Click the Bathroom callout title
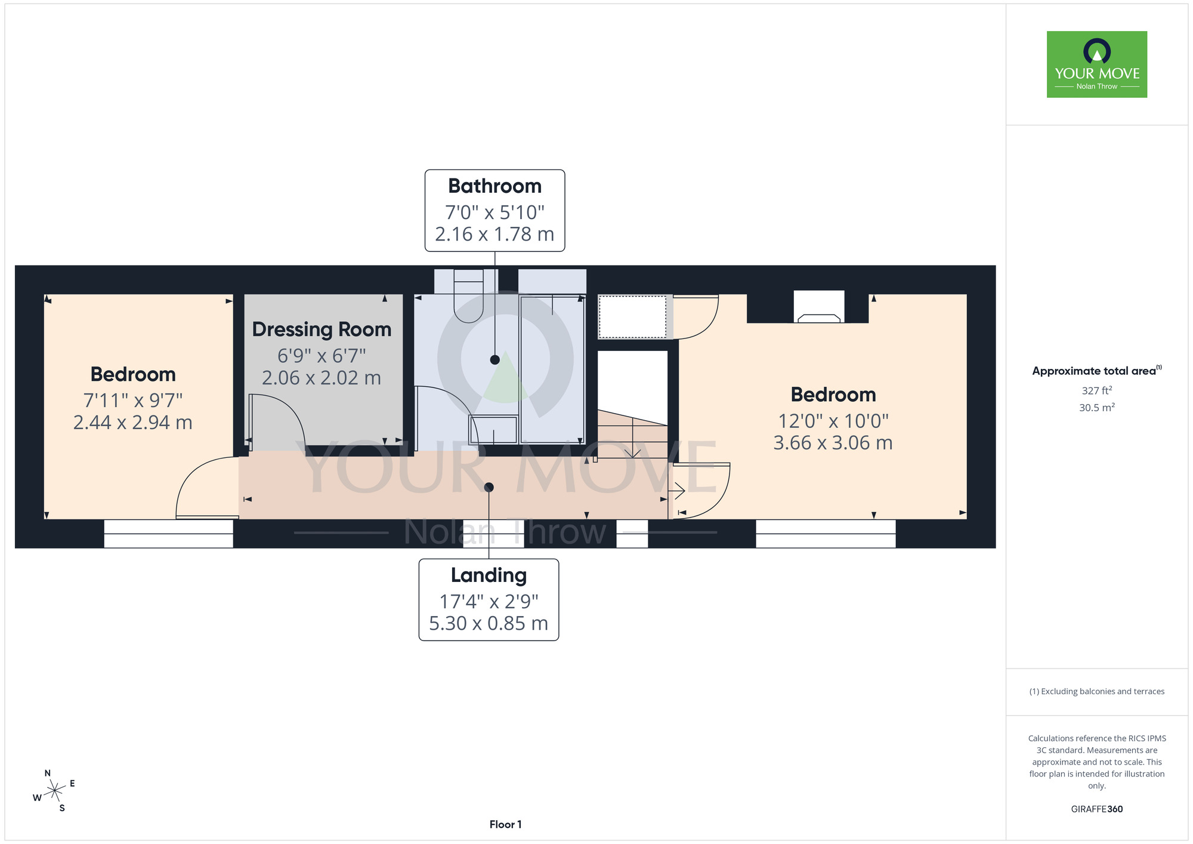pyautogui.click(x=494, y=186)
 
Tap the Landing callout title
pyautogui.click(x=489, y=575)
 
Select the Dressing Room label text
pyautogui.click(x=322, y=330)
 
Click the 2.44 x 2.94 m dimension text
pyautogui.click(x=132, y=423)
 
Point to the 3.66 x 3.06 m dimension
pyautogui.click(x=833, y=443)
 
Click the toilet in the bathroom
pyautogui.click(x=468, y=295)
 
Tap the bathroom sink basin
pyautogui.click(x=493, y=429)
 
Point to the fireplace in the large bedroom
pyautogui.click(x=819, y=307)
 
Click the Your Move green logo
pyautogui.click(x=1097, y=64)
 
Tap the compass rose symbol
pyautogui.click(x=54, y=791)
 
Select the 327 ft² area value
pyautogui.click(x=1097, y=391)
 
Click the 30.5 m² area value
pyautogui.click(x=1097, y=408)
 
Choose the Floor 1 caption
pyautogui.click(x=505, y=824)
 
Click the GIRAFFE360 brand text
pyautogui.click(x=1097, y=809)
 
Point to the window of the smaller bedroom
pyautogui.click(x=168, y=534)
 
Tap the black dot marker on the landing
pyautogui.click(x=489, y=488)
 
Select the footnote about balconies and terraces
pyautogui.click(x=1097, y=691)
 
